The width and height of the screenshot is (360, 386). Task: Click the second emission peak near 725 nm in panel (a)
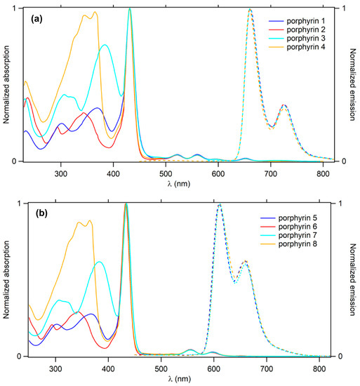pyautogui.click(x=284, y=105)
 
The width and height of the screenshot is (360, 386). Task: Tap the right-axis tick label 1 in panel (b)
pyautogui.click(x=340, y=204)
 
